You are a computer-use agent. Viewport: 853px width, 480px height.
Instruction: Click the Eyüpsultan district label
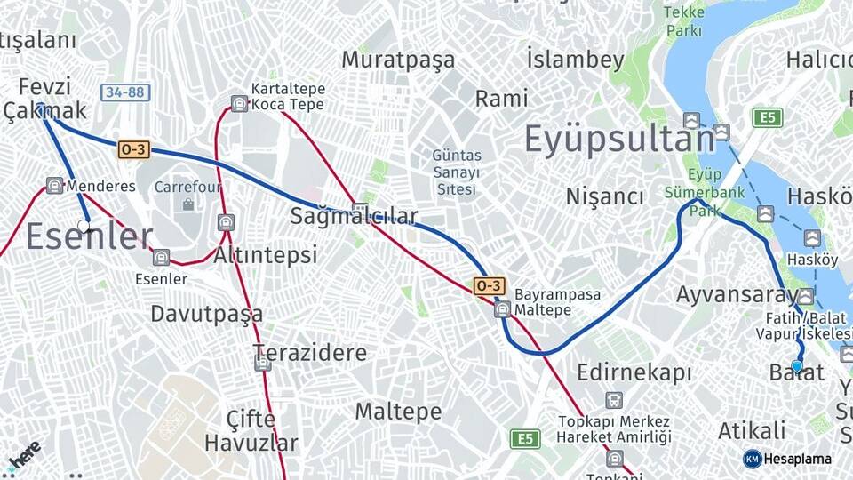pyautogui.click(x=619, y=140)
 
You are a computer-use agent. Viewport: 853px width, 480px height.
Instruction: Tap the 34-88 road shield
pyautogui.click(x=125, y=92)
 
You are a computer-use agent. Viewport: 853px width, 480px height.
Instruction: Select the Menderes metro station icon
pyautogui.click(x=54, y=186)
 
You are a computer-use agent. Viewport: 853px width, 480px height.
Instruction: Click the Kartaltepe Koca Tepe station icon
pyautogui.click(x=239, y=103)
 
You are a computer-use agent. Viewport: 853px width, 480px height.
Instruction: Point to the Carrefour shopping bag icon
pyautogui.click(x=187, y=204)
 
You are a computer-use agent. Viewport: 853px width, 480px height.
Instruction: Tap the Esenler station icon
pyautogui.click(x=161, y=258)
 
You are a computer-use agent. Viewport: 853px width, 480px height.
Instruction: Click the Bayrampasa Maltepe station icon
pyautogui.click(x=502, y=309)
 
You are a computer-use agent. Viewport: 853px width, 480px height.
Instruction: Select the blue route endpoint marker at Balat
pyautogui.click(x=797, y=365)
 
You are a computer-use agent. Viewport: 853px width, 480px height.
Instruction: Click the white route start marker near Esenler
pyautogui.click(x=84, y=226)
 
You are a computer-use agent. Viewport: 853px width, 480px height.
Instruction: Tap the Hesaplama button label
pyautogui.click(x=796, y=459)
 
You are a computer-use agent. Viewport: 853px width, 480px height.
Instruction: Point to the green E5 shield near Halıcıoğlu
pyautogui.click(x=767, y=117)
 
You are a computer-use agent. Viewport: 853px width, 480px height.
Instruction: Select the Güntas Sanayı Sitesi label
pyautogui.click(x=456, y=172)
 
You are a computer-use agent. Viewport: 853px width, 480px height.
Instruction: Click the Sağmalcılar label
pyautogui.click(x=354, y=216)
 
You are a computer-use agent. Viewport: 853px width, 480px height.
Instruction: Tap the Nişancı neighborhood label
pyautogui.click(x=604, y=196)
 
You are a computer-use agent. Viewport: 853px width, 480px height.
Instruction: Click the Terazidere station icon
pyautogui.click(x=262, y=363)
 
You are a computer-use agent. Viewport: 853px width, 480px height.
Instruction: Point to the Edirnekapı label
pyautogui.click(x=634, y=372)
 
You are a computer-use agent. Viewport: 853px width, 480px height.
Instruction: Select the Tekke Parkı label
pyautogui.click(x=684, y=21)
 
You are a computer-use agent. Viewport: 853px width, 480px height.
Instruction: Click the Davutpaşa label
pyautogui.click(x=206, y=313)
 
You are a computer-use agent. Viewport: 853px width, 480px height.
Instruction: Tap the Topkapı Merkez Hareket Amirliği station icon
pyautogui.click(x=613, y=400)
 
